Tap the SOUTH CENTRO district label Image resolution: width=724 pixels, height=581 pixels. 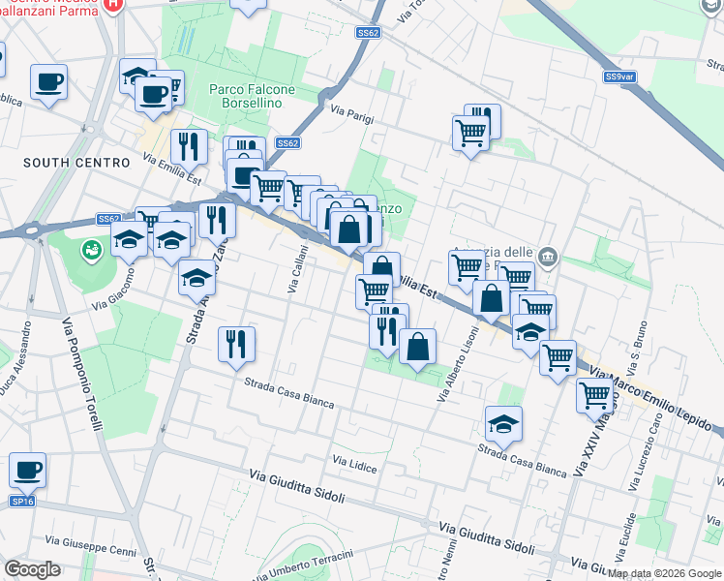tap(63, 163)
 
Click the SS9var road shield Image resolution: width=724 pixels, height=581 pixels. tap(618, 76)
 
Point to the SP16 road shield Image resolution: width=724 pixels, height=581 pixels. tap(22, 501)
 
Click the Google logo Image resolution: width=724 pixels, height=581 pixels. tap(32, 569)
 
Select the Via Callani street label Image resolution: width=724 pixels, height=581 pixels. tap(298, 268)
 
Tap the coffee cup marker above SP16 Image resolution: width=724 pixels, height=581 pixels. tap(28, 471)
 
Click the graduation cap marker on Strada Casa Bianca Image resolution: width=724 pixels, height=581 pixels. tap(503, 423)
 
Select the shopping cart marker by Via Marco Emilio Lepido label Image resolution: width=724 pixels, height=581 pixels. tap(593, 395)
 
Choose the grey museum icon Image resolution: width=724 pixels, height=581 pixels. tap(549, 257)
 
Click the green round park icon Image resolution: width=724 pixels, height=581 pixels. tap(92, 251)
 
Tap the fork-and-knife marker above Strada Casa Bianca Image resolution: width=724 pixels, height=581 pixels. tap(236, 343)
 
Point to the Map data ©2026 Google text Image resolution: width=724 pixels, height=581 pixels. tap(664, 573)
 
